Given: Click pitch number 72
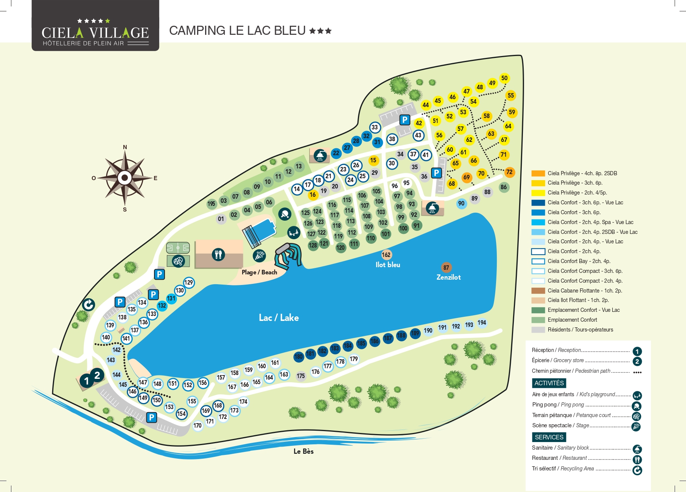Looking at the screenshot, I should pos(509,172).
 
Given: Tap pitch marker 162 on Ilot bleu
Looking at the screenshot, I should pos(386,255).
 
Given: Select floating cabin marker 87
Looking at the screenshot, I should pos(446,268).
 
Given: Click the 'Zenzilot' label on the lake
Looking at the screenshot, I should pos(448,277).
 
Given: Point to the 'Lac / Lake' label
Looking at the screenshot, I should pos(279,318).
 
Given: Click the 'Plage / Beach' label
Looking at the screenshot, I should pos(259,272).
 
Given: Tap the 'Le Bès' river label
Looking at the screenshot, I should pos(303,451).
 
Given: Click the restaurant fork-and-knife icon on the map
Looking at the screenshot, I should pos(218,254).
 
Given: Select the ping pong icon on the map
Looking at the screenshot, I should pos(285,214).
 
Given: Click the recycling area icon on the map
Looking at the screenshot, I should pos(89,304).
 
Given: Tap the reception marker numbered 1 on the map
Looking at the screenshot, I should pos(87,381).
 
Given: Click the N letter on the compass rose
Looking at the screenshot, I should pos(125,147).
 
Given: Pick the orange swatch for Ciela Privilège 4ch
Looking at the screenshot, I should pos(538,173).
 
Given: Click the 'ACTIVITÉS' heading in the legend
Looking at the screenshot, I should pos(549,383).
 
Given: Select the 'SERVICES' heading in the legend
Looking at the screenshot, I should pos(549,437).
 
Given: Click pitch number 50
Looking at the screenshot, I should pos(504,78).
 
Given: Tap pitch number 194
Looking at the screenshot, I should pos(482,323).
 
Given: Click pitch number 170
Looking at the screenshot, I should pos(198,425).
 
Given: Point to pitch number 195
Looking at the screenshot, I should pos(211,204).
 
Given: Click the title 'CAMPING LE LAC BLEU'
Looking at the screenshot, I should pos(237,31).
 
